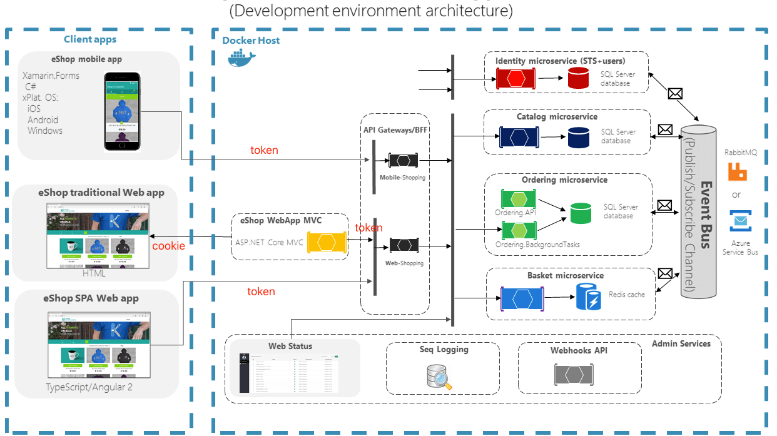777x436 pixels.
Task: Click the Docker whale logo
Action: click(241, 57)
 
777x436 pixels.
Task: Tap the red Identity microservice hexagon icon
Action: click(516, 79)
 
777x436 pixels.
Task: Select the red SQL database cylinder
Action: click(579, 79)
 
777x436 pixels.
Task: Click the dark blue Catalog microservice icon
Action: click(519, 137)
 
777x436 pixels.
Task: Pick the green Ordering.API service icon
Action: click(519, 200)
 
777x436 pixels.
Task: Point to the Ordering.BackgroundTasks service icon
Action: click(519, 230)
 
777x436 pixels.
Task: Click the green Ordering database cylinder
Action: click(581, 213)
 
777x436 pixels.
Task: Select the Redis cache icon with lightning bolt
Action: click(589, 297)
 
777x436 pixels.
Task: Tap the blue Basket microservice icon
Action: click(522, 298)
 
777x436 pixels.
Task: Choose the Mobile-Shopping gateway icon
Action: click(403, 160)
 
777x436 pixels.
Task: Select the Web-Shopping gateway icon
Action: click(404, 245)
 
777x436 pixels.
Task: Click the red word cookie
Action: click(169, 246)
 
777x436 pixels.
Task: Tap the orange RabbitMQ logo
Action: click(738, 171)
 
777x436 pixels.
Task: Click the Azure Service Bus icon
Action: click(740, 221)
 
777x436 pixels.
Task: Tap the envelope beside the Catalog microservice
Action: click(665, 130)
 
